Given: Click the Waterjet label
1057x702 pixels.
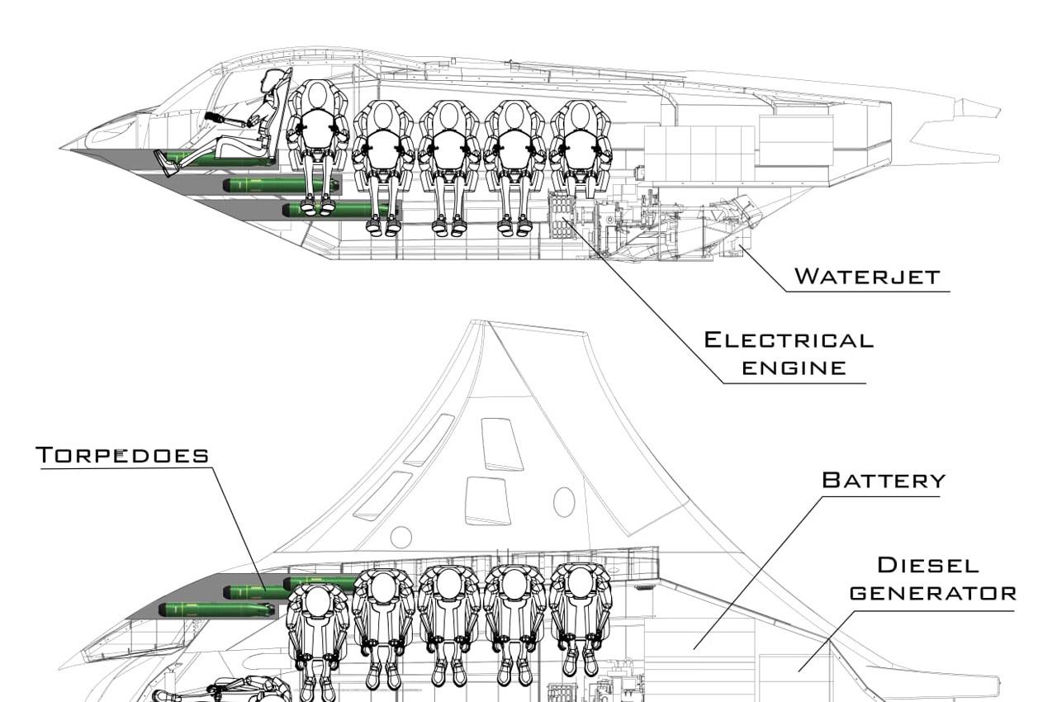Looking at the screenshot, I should point(867,276).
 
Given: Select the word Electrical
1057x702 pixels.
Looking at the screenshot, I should point(789,339).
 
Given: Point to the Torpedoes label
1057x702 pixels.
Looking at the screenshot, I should point(122,455).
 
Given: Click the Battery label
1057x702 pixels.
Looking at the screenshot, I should point(884,480).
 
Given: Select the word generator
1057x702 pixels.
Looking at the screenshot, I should point(933,593).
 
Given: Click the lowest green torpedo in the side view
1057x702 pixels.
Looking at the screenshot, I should point(339,210).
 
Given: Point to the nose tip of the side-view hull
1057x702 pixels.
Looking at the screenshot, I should point(61,149).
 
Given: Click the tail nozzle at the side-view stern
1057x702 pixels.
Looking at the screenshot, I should point(979,109).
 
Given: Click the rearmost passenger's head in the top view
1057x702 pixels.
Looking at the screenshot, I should point(580,582).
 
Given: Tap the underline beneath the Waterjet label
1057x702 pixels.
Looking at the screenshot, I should point(867,291).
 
